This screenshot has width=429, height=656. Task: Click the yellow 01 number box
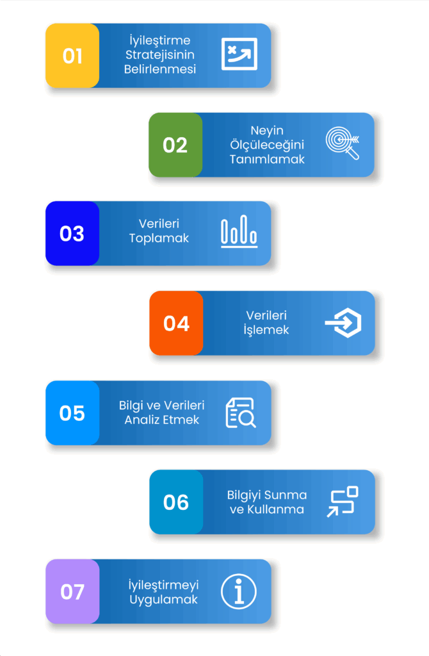tap(72, 56)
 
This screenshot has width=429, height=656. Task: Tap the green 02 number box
tap(175, 145)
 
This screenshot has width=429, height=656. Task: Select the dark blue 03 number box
tap(72, 234)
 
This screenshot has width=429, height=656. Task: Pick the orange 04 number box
tap(176, 324)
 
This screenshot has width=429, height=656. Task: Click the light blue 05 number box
tap(72, 413)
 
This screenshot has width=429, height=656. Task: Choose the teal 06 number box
tap(176, 502)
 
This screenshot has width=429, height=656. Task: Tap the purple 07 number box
tap(72, 591)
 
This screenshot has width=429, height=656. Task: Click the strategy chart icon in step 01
tap(239, 54)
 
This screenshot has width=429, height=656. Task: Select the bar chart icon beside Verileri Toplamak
tap(239, 233)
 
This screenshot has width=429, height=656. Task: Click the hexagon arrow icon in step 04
tap(343, 323)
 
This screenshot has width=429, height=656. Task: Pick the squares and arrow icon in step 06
tap(343, 502)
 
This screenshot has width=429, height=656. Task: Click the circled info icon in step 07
tap(239, 591)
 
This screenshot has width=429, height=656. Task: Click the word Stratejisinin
tap(160, 55)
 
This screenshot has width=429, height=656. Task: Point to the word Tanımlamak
tap(268, 159)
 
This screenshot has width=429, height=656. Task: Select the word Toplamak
tap(159, 238)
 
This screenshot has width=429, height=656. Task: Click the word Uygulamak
tap(163, 600)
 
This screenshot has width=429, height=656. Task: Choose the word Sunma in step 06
tap(287, 495)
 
